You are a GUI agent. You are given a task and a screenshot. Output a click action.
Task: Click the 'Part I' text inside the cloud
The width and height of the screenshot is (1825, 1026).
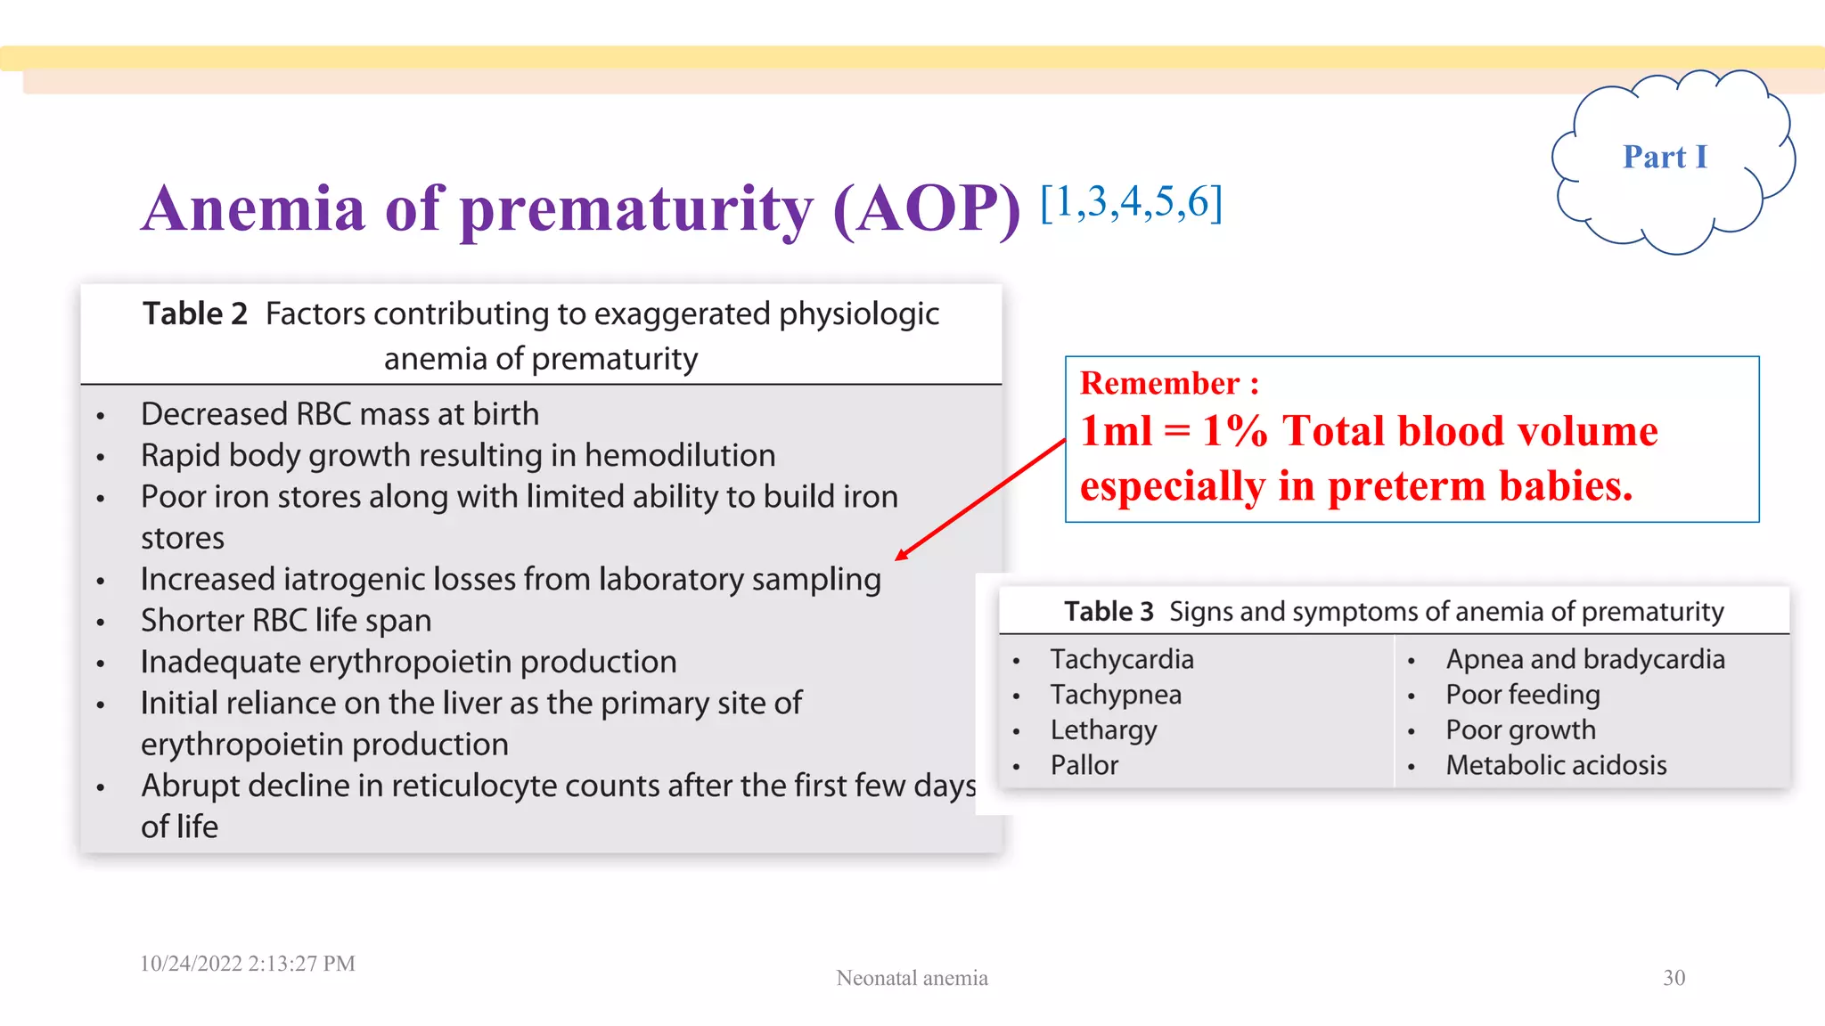[1664, 157]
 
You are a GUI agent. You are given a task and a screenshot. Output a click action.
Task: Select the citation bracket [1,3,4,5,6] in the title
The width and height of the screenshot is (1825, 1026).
[1131, 202]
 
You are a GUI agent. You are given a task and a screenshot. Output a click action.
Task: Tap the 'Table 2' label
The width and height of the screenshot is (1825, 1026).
[195, 313]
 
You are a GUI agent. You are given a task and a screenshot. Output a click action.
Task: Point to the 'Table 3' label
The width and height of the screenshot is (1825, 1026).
[1108, 611]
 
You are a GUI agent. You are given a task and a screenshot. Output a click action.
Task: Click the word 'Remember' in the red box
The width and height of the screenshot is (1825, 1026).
[1159, 383]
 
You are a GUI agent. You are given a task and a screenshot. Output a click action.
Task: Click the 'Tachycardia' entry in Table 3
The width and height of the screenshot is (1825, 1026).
[1121, 659]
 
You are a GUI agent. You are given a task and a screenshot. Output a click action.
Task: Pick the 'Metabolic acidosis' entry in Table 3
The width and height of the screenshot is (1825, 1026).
[1555, 765]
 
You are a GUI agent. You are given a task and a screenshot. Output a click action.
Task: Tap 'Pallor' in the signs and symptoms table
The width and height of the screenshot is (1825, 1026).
[1084, 765]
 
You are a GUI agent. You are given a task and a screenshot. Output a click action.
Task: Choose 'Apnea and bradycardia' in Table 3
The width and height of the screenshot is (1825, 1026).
[1584, 659]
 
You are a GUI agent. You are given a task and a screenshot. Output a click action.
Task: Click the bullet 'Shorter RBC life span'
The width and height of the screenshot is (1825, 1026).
[286, 620]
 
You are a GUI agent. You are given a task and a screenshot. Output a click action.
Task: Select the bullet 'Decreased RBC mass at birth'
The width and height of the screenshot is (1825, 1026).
[340, 414]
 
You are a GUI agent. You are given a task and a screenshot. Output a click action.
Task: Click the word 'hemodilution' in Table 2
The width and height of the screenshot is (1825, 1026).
[679, 455]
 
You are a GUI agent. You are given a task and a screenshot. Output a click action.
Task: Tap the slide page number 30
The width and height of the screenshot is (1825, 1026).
[1674, 978]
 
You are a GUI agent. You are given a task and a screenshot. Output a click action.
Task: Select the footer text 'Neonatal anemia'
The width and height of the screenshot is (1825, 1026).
[912, 978]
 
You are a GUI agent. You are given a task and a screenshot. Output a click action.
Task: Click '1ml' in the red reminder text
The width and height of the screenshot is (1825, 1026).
[1116, 431]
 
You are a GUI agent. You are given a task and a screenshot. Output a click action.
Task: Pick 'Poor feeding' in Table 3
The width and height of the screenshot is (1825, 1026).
[1522, 694]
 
